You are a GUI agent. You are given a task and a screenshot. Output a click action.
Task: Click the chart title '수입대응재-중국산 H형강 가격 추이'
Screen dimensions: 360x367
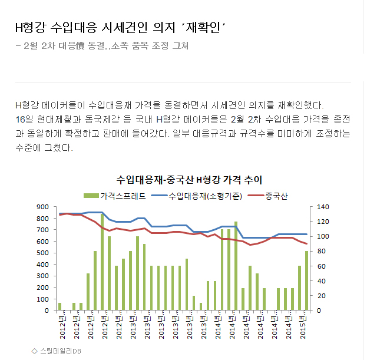click(x=189, y=179)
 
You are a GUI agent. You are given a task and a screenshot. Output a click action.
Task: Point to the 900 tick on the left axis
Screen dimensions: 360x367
click(x=43, y=207)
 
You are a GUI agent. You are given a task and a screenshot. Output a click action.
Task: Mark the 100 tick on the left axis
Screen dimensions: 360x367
click(x=43, y=299)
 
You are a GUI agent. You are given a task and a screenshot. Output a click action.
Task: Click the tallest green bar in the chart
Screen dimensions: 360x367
click(x=102, y=262)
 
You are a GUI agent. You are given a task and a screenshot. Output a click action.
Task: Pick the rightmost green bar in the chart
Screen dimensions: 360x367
click(x=306, y=280)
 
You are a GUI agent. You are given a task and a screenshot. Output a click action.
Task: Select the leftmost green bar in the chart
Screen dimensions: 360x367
click(x=60, y=306)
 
